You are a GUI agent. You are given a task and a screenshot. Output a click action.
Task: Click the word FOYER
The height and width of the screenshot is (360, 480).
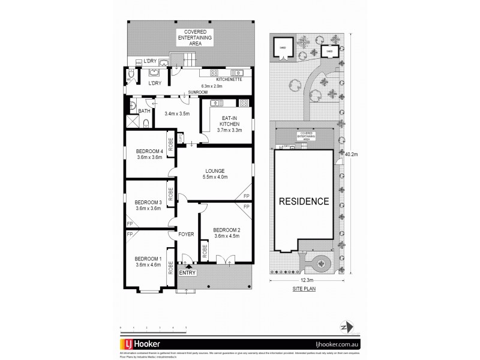186,234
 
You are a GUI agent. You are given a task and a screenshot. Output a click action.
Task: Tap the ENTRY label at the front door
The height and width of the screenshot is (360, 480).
187,274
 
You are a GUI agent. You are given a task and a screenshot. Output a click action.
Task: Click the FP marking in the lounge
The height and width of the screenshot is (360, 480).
246,196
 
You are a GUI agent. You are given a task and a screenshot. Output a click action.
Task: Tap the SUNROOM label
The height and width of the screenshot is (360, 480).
197,92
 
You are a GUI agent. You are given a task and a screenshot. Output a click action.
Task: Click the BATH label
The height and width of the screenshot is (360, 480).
145,111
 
